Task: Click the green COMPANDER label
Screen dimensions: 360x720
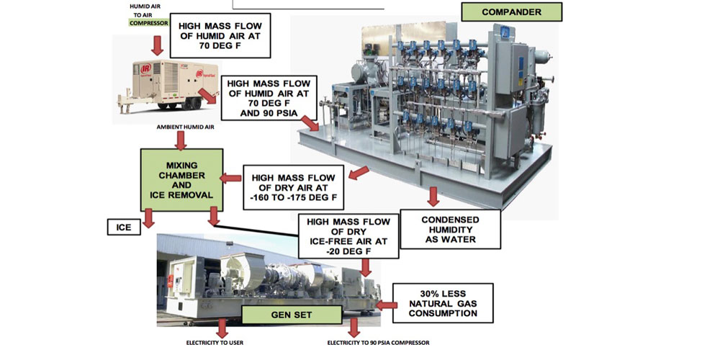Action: pos(511,12)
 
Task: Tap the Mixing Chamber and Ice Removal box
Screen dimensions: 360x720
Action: pos(181,179)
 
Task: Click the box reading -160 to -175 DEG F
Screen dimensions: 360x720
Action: pos(294,184)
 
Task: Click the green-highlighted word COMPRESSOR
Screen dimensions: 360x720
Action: pos(148,23)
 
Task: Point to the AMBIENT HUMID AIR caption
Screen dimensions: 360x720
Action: pos(186,127)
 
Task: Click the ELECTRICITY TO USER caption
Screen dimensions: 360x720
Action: pos(215,342)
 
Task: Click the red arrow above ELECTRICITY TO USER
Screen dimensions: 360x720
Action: pos(222,328)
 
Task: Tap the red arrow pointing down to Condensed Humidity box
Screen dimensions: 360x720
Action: pos(433,197)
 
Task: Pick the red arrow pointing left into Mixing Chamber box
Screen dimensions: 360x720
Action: pos(230,177)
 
